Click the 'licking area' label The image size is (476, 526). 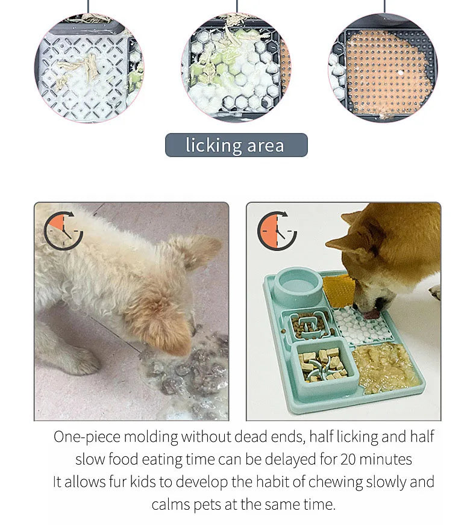(x=236, y=145)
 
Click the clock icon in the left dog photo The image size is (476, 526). (x=63, y=230)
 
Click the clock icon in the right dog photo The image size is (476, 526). (x=277, y=231)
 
